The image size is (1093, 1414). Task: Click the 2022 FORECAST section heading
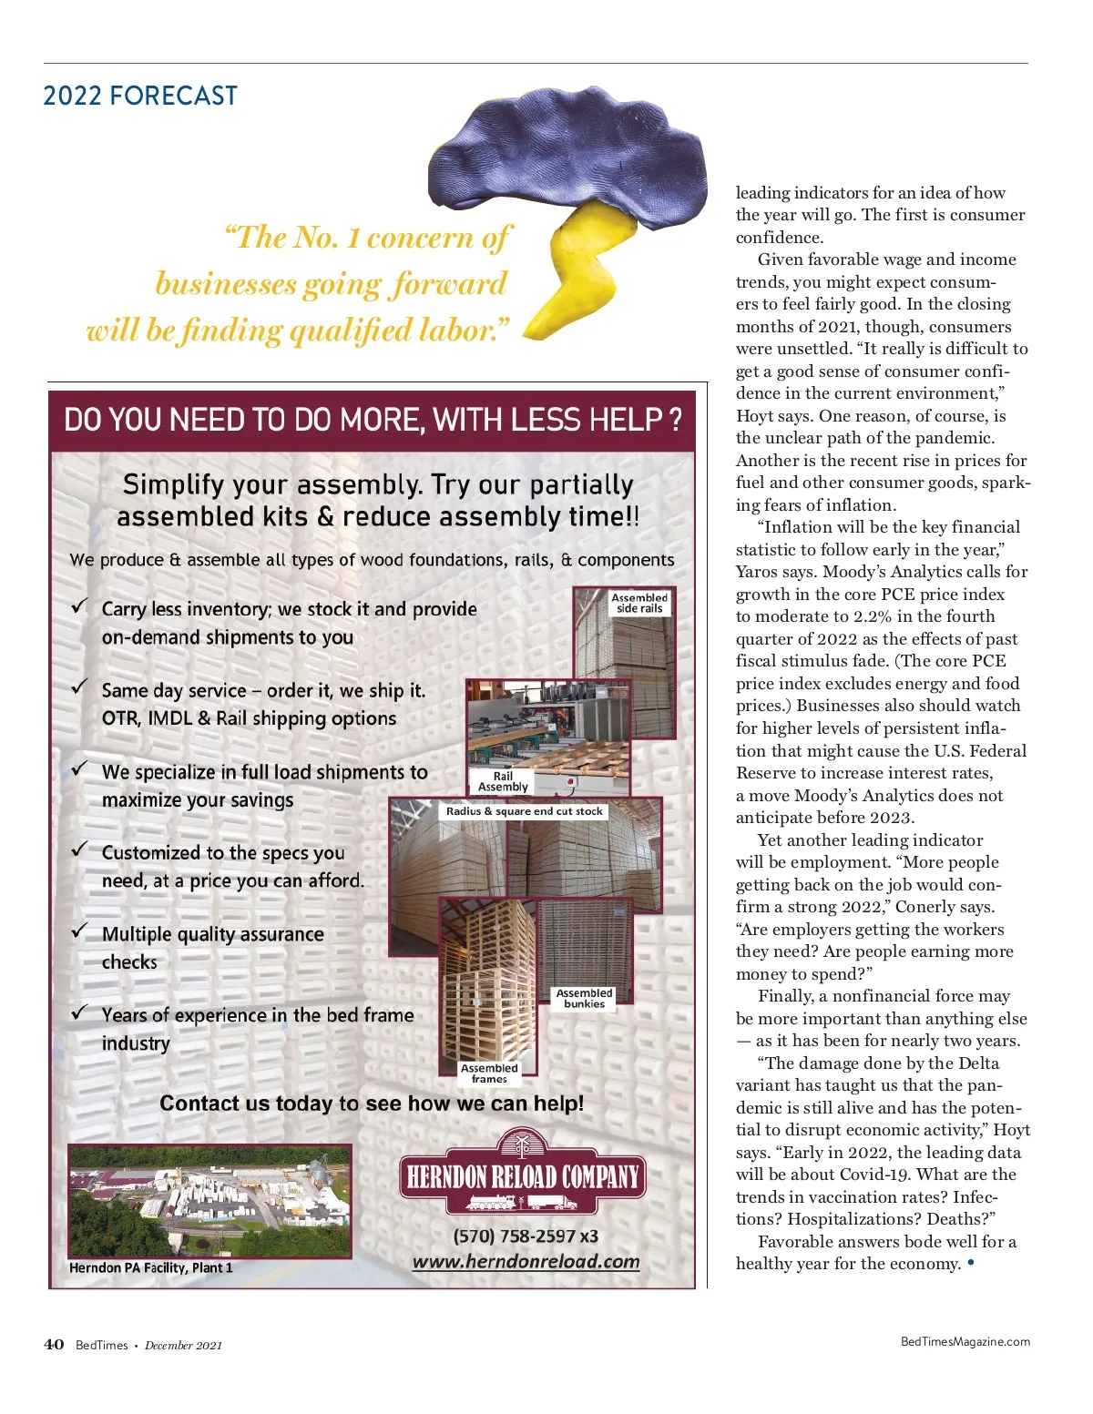[x=140, y=96]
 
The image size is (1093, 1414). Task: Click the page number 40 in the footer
[x=54, y=1345]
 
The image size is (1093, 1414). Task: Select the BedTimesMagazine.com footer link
[x=965, y=1341]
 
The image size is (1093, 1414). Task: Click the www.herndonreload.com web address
[x=526, y=1262]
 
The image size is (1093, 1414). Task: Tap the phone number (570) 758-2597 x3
[x=526, y=1236]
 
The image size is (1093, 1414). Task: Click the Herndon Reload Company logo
[x=523, y=1175]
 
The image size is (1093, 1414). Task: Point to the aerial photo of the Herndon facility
[x=209, y=1201]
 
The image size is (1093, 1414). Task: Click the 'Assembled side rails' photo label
[x=639, y=603]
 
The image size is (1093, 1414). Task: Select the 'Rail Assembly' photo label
[x=503, y=782]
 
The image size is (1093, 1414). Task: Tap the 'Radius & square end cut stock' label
[x=525, y=811]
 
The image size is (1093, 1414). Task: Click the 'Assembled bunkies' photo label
[x=584, y=999]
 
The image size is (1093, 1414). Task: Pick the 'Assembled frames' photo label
[x=489, y=1073]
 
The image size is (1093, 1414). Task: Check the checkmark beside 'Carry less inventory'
[x=80, y=605]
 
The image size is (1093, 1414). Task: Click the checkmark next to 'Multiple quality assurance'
[x=80, y=931]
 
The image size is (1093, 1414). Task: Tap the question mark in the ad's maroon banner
[x=675, y=421]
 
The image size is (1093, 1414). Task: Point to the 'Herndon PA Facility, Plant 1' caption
[x=151, y=1268]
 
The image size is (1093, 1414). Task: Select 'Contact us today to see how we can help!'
[x=372, y=1104]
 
